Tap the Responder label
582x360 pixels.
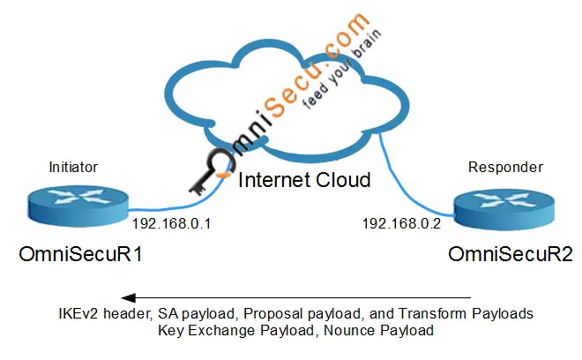(x=505, y=167)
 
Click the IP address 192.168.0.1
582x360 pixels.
(x=170, y=224)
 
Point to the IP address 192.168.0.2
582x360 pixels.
(x=402, y=224)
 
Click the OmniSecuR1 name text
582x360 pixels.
(x=81, y=255)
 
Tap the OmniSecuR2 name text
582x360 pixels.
(x=511, y=255)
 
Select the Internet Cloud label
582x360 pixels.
(x=303, y=181)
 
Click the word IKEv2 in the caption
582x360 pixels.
(x=73, y=314)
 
